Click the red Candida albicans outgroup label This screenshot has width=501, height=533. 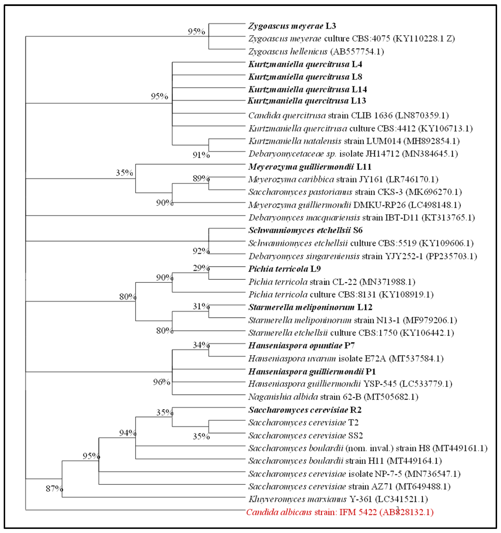[340, 512]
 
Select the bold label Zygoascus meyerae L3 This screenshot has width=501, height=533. [292, 26]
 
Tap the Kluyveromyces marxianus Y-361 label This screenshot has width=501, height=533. [338, 499]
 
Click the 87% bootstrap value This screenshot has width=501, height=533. [54, 489]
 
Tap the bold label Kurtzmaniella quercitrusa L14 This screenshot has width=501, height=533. [307, 90]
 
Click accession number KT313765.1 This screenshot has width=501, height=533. [448, 217]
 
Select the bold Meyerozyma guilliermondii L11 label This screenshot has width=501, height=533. [310, 167]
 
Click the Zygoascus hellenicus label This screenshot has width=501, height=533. [316, 51]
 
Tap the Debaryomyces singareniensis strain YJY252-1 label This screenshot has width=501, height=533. [362, 256]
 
